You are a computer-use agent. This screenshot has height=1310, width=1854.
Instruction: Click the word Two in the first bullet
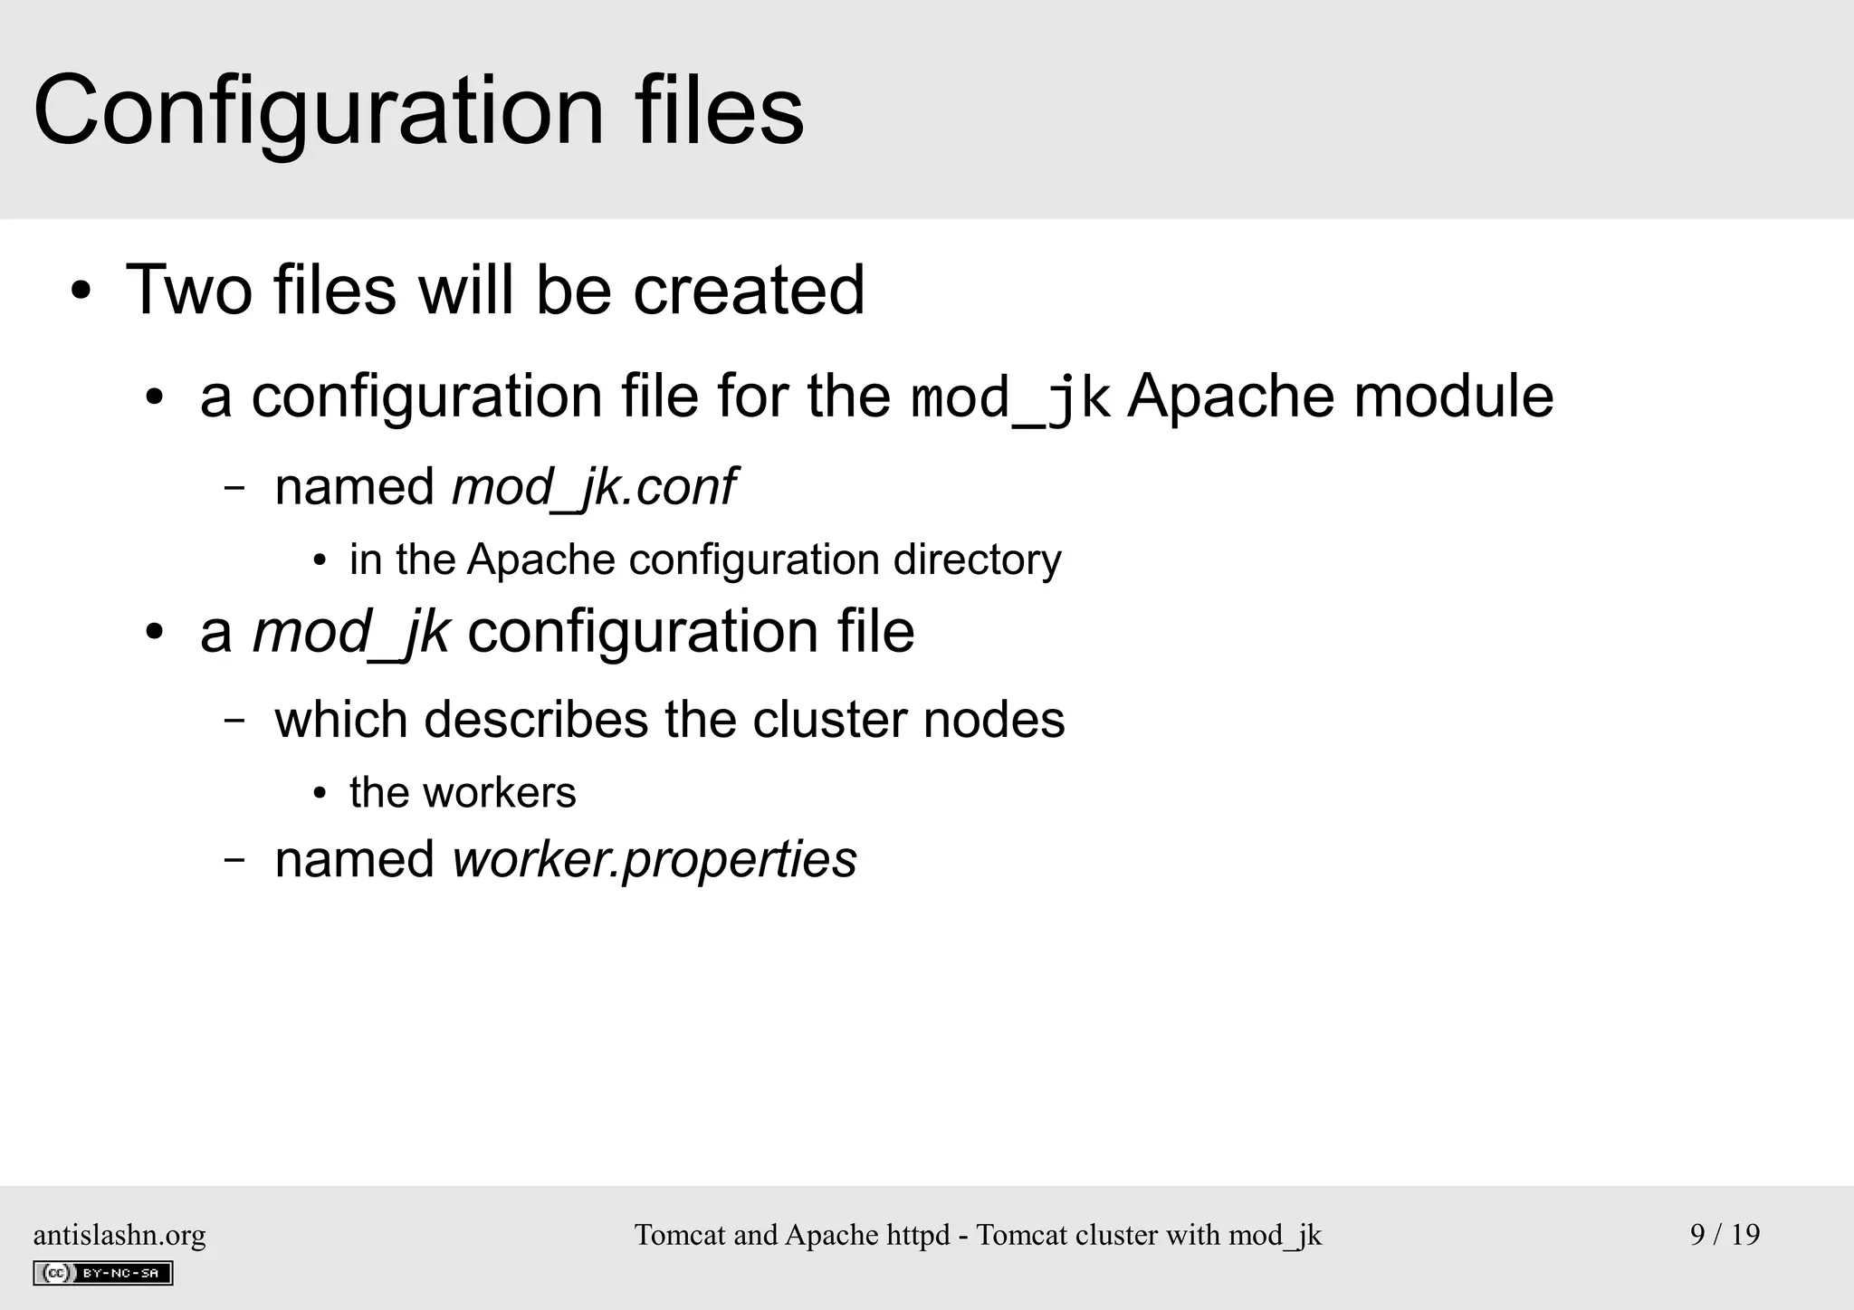(188, 291)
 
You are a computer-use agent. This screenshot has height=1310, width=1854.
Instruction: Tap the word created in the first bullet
(749, 291)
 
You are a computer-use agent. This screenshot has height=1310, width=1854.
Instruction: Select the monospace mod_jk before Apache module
(1009, 398)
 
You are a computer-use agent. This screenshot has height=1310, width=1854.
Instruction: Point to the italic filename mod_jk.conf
(593, 488)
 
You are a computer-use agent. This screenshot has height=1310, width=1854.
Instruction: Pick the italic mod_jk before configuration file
(350, 632)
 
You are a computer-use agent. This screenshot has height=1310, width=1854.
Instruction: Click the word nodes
(994, 721)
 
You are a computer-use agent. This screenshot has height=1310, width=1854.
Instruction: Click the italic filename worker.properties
(654, 860)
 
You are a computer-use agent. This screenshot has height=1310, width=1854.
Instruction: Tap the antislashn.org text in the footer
(119, 1235)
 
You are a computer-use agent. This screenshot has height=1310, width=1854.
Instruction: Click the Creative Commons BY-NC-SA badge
(103, 1274)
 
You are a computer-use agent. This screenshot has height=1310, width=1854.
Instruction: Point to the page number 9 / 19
(1725, 1235)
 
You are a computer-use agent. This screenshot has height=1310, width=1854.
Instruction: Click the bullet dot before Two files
(81, 292)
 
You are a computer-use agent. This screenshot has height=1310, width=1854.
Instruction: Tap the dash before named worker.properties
(234, 861)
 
